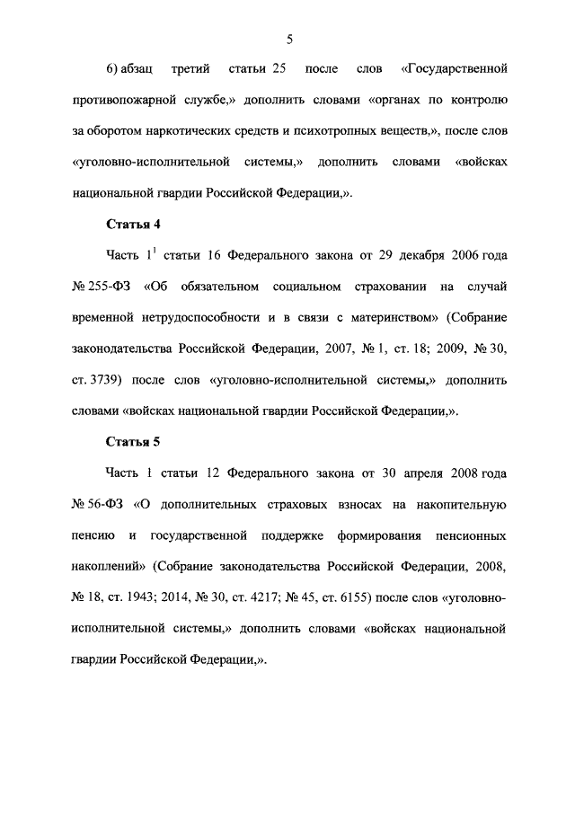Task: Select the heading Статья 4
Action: click(x=133, y=224)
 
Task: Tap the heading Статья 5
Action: click(x=133, y=441)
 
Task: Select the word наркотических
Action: click(x=198, y=130)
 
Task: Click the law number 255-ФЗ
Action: click(x=111, y=287)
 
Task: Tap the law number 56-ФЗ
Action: click(x=108, y=504)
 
